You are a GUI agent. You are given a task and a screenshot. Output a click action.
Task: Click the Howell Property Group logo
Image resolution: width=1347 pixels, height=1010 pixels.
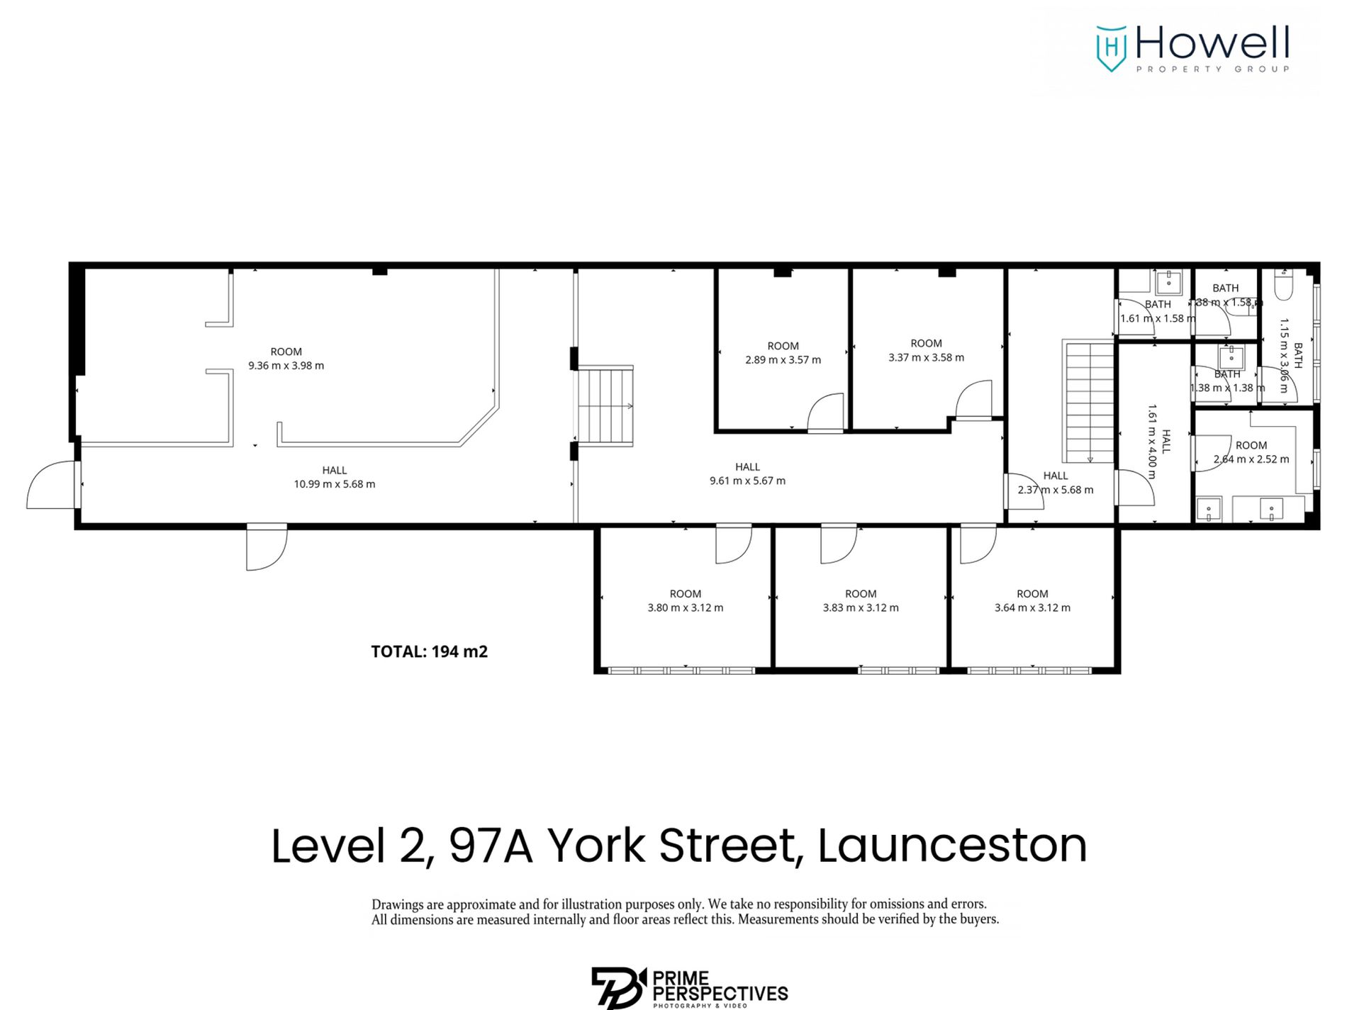(1192, 48)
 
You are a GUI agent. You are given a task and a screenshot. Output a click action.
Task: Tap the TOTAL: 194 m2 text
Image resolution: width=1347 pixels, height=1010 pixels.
(429, 651)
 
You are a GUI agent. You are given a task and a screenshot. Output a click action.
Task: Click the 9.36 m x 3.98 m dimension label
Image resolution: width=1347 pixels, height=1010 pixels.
(286, 366)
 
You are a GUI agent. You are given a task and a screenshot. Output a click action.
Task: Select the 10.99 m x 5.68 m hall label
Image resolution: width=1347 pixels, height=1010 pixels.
(334, 484)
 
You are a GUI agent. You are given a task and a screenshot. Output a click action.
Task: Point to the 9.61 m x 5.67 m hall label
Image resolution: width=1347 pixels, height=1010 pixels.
(747, 481)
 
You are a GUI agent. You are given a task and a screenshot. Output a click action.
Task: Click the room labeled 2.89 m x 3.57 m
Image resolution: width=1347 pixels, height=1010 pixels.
(783, 353)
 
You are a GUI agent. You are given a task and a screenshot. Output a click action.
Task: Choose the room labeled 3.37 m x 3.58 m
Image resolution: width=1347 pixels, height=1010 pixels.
(926, 350)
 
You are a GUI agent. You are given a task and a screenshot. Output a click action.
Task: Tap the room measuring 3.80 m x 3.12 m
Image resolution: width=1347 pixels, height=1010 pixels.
(685, 600)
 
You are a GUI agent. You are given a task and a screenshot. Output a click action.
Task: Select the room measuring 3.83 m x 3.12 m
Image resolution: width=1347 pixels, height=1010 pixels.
(860, 600)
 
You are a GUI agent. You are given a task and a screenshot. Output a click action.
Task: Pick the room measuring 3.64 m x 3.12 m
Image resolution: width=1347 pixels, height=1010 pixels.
(1032, 600)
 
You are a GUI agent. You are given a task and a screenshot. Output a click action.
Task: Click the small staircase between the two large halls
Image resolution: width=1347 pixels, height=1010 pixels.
(605, 405)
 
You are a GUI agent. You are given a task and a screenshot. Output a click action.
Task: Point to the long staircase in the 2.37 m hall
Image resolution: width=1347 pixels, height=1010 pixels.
(1089, 400)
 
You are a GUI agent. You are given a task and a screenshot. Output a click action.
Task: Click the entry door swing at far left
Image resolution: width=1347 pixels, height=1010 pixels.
(51, 486)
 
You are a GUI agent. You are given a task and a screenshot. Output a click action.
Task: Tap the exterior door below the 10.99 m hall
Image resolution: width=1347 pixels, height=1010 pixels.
(267, 547)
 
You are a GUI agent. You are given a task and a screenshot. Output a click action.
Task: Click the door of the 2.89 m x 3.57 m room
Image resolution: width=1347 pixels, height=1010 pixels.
(826, 413)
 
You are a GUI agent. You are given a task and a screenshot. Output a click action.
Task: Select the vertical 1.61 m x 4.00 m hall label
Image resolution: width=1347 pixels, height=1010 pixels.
(1159, 441)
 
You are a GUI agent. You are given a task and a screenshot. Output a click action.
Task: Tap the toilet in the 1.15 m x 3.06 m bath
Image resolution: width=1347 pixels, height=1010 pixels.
(1284, 285)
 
